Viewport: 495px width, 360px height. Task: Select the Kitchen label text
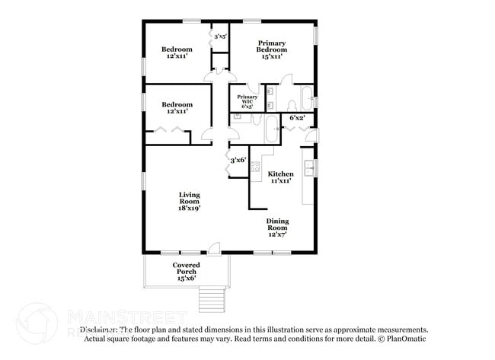pos(281,174)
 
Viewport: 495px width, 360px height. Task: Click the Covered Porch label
pos(186,268)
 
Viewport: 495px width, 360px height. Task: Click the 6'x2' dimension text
pos(297,118)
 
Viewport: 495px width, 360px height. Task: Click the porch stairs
pos(212,295)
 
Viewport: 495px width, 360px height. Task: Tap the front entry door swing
pos(215,247)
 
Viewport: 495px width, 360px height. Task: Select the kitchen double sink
pos(309,168)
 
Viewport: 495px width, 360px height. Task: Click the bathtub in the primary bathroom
pos(305,97)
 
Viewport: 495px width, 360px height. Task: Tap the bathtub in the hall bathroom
pos(272,130)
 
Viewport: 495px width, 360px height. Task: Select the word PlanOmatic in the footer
pos(410,338)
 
